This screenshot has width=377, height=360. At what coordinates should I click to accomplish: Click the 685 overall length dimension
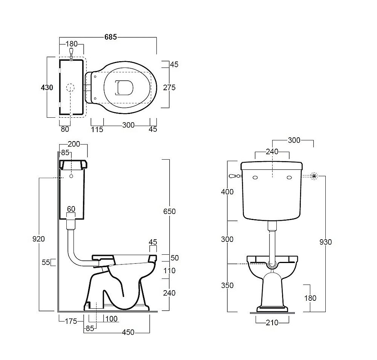(x=110, y=37)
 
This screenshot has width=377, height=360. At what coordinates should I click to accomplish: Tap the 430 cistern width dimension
(x=47, y=87)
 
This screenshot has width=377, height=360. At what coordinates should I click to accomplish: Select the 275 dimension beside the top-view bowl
(x=169, y=88)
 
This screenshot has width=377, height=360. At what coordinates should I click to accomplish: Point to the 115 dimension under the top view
(x=97, y=129)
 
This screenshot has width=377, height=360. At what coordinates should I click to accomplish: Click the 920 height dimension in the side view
(x=38, y=239)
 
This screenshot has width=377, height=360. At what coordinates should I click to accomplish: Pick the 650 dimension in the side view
(x=169, y=211)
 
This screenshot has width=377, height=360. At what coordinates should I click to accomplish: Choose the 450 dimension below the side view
(x=128, y=332)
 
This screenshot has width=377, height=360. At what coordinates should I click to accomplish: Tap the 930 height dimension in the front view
(x=326, y=242)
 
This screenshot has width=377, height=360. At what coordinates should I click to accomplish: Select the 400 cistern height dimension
(x=227, y=192)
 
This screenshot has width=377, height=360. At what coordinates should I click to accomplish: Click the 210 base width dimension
(x=272, y=323)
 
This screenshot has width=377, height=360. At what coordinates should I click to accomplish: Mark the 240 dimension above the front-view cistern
(x=272, y=152)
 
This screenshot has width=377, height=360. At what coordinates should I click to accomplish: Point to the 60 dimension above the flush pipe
(x=71, y=209)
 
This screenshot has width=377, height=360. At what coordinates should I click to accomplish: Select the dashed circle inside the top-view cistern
(x=70, y=88)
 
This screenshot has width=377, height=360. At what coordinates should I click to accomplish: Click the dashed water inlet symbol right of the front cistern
(x=314, y=176)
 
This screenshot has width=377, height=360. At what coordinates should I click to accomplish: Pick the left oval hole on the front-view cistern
(x=255, y=178)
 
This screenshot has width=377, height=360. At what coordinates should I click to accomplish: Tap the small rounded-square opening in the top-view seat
(x=124, y=87)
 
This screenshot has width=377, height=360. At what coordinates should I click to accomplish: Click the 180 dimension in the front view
(x=310, y=298)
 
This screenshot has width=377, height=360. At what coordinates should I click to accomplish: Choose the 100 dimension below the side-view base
(x=112, y=319)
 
